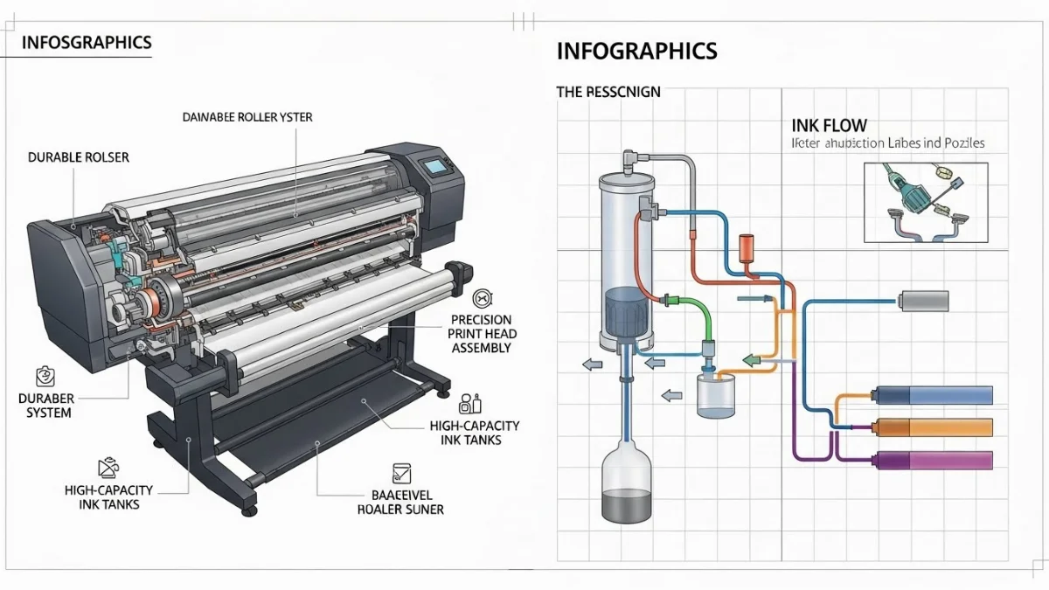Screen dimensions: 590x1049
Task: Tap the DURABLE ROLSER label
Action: point(79,157)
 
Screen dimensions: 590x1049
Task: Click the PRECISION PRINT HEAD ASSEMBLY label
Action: point(481,334)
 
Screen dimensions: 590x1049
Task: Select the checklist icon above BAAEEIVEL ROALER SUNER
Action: point(401,473)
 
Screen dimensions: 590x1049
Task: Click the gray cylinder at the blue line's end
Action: point(923,302)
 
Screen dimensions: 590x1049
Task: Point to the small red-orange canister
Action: point(746,246)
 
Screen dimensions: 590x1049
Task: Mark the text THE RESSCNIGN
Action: point(608,91)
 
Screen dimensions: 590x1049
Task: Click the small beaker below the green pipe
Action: point(717,394)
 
